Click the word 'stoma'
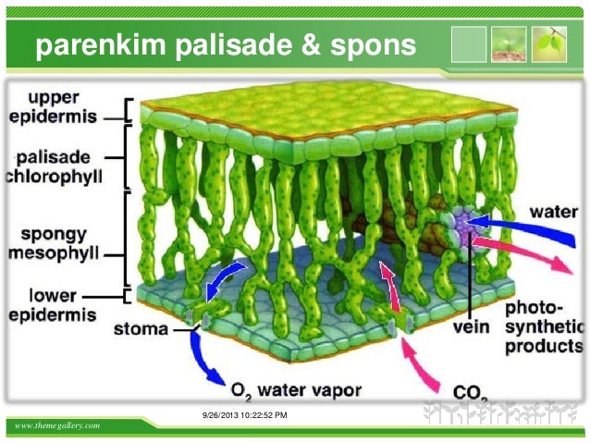pyautogui.click(x=141, y=327)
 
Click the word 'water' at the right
pyautogui.click(x=553, y=212)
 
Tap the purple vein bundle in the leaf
pyautogui.click(x=462, y=227)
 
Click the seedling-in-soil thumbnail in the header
pyautogui.click(x=509, y=43)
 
